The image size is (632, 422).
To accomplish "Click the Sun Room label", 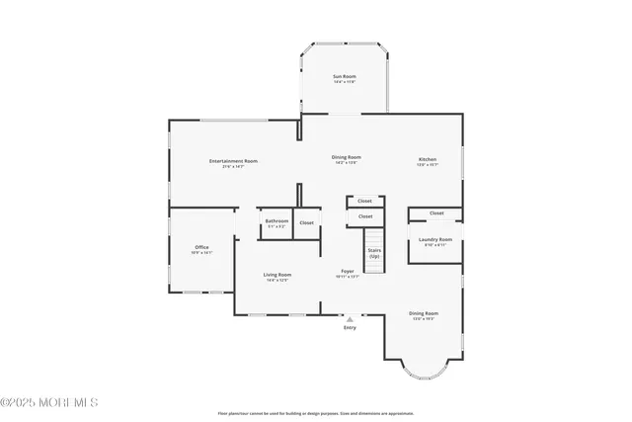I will [x=344, y=76].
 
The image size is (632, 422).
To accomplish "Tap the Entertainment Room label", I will [x=233, y=160].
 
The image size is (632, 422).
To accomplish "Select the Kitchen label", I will [x=427, y=159].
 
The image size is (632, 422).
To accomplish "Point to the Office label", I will [x=201, y=247].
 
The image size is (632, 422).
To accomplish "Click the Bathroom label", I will [x=276, y=220].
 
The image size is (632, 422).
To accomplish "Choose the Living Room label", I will [x=276, y=275].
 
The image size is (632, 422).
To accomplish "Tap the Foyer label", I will [x=348, y=271].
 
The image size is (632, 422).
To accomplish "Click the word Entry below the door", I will [x=350, y=328].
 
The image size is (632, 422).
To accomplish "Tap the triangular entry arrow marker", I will [x=350, y=319].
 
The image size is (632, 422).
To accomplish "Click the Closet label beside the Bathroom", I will [x=307, y=222].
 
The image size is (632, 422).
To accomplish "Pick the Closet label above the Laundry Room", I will [x=436, y=212].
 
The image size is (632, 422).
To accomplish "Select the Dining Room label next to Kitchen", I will [x=346, y=157].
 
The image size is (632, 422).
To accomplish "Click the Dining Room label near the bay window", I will [x=424, y=313].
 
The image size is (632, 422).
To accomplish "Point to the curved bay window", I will [x=425, y=372].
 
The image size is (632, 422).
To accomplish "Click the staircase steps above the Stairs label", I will [x=374, y=237].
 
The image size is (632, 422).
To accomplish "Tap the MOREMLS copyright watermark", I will [x=49, y=402].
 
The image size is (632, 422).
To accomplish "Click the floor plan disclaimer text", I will [x=316, y=413].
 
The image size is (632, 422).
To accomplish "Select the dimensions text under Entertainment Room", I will [x=233, y=166].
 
